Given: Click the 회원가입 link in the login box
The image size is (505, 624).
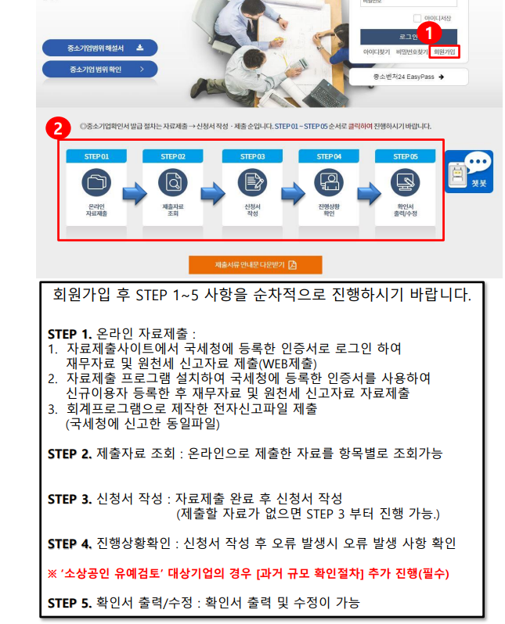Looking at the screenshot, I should (x=444, y=52).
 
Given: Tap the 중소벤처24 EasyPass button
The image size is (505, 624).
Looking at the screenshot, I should (x=409, y=77).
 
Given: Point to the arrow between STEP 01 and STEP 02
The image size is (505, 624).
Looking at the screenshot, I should (x=135, y=193).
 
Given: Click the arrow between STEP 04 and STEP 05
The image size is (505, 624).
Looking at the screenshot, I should (x=366, y=193).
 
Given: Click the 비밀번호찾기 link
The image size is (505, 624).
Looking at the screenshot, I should (x=411, y=52).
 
